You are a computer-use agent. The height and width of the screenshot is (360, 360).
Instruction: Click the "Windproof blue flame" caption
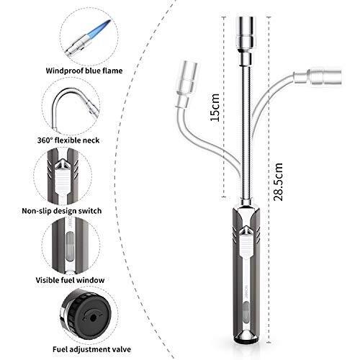coord(84,71)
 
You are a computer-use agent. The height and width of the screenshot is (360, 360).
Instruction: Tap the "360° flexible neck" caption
coord(68,140)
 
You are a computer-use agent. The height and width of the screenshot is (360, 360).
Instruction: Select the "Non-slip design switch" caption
coord(62,211)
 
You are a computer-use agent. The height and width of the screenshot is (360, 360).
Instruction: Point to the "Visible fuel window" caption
coord(70,280)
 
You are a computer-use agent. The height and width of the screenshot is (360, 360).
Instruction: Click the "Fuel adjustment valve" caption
coord(92,349)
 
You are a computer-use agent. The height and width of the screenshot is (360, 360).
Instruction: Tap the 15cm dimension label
coord(215,107)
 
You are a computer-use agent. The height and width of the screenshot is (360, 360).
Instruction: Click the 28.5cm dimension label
coord(278,181)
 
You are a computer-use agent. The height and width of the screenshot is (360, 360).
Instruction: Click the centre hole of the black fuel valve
coord(93,318)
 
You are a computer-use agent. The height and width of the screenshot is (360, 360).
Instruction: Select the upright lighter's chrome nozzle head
coord(246,41)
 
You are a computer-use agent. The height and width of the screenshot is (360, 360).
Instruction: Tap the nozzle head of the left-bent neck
coord(186,84)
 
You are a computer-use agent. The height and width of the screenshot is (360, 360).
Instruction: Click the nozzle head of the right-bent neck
coord(318,77)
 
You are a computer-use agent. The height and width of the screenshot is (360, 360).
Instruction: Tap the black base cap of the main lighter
coord(246,340)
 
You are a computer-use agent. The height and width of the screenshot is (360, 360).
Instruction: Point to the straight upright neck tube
coord(246,132)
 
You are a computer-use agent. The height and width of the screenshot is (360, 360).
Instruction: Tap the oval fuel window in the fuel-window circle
coord(69,246)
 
